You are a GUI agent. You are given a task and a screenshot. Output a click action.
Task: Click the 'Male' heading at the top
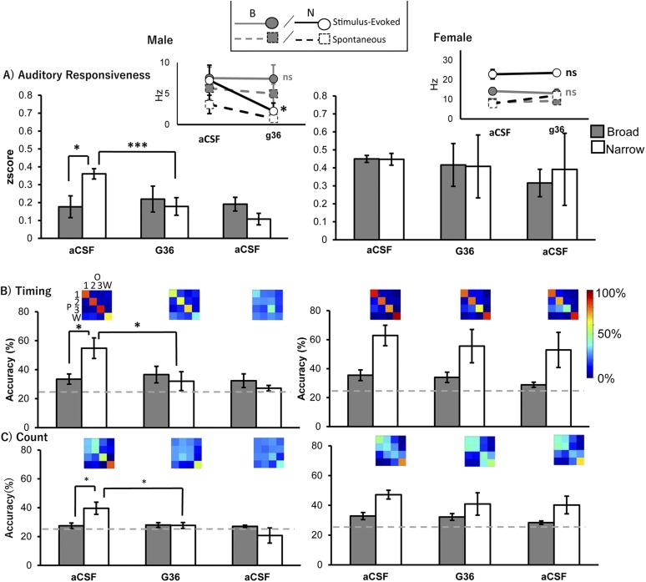[160, 39]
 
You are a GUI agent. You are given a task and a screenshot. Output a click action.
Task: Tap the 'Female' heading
[457, 38]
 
